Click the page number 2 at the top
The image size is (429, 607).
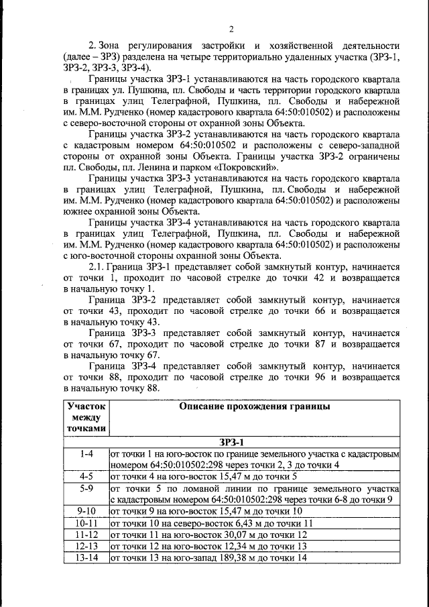click(230, 28)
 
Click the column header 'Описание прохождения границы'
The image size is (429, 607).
click(254, 406)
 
